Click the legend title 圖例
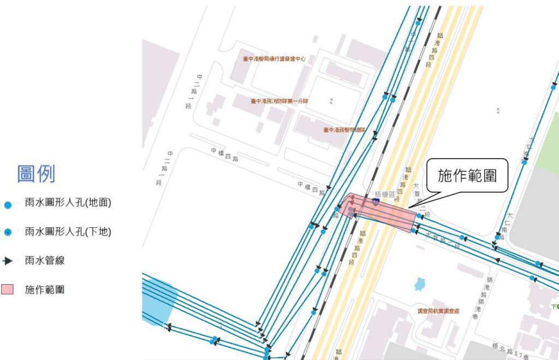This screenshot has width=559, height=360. click(x=36, y=174)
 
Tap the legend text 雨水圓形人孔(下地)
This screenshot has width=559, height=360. click(x=68, y=232)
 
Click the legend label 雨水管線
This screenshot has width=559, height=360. click(x=45, y=261)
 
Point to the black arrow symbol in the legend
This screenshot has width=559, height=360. click(x=8, y=261)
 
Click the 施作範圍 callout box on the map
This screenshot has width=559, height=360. click(x=467, y=175)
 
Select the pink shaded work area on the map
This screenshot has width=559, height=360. click(x=382, y=212)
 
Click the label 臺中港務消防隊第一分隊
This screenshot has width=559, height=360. click(x=279, y=101)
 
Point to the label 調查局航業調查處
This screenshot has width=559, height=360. click(x=438, y=311)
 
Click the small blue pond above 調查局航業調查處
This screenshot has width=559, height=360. click(x=419, y=284)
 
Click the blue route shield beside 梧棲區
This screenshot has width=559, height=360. click(x=376, y=202)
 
